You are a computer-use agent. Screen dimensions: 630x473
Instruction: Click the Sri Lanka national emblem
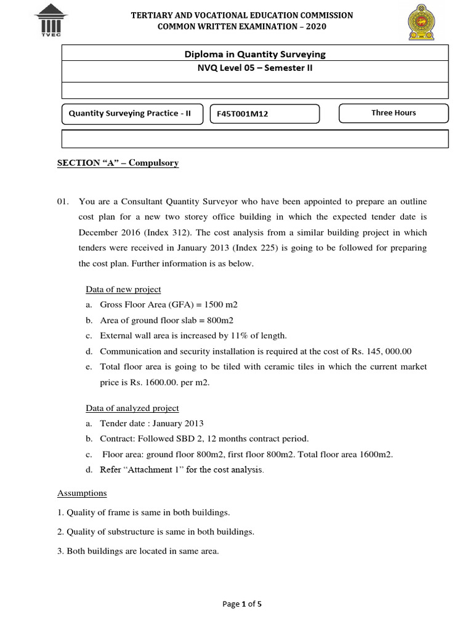coord(421,23)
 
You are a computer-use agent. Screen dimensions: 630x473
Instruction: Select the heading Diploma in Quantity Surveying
coord(255,54)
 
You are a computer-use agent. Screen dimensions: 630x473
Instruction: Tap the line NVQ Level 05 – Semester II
coord(255,68)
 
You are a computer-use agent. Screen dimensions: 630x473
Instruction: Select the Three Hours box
coord(394,113)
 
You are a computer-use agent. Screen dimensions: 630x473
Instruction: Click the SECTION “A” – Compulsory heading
coord(118,163)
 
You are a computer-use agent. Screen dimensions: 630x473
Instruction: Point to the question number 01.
coord(63,202)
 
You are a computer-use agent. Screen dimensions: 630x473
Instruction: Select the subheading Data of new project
coord(123,290)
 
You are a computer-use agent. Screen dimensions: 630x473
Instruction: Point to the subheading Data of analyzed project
coord(132,408)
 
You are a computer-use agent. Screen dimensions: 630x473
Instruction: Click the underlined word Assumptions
coord(82,493)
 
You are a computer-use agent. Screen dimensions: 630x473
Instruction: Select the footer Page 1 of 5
coord(241,604)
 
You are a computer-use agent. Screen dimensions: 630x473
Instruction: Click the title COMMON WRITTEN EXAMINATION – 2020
coord(242,26)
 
